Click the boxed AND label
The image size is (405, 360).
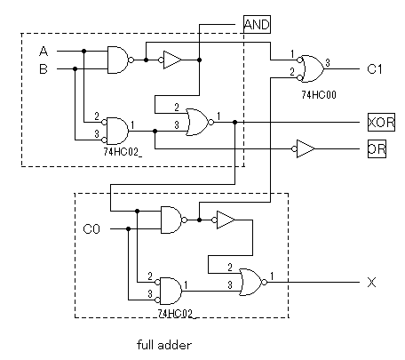pyautogui.click(x=257, y=24)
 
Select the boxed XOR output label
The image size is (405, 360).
pyautogui.click(x=381, y=122)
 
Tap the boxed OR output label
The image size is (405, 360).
pyautogui.click(x=377, y=148)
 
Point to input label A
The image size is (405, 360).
pyautogui.click(x=44, y=52)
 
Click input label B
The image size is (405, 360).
pyautogui.click(x=44, y=69)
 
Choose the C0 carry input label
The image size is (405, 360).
pyautogui.click(x=91, y=229)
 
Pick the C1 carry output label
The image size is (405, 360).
pyautogui.click(x=375, y=69)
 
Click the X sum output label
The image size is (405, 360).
pyautogui.click(x=371, y=283)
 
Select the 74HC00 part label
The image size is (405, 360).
pyautogui.click(x=319, y=95)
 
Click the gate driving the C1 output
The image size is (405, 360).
pyautogui.click(x=311, y=68)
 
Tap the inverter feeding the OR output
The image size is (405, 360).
pyautogui.click(x=303, y=148)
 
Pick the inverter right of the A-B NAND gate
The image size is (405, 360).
pyautogui.click(x=171, y=60)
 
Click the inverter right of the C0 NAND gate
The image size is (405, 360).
pyautogui.click(x=224, y=220)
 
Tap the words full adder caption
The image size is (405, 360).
pyautogui.click(x=164, y=345)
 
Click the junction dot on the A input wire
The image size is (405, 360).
pyautogui.click(x=83, y=51)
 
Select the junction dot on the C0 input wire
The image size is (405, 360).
pyautogui.click(x=128, y=228)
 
